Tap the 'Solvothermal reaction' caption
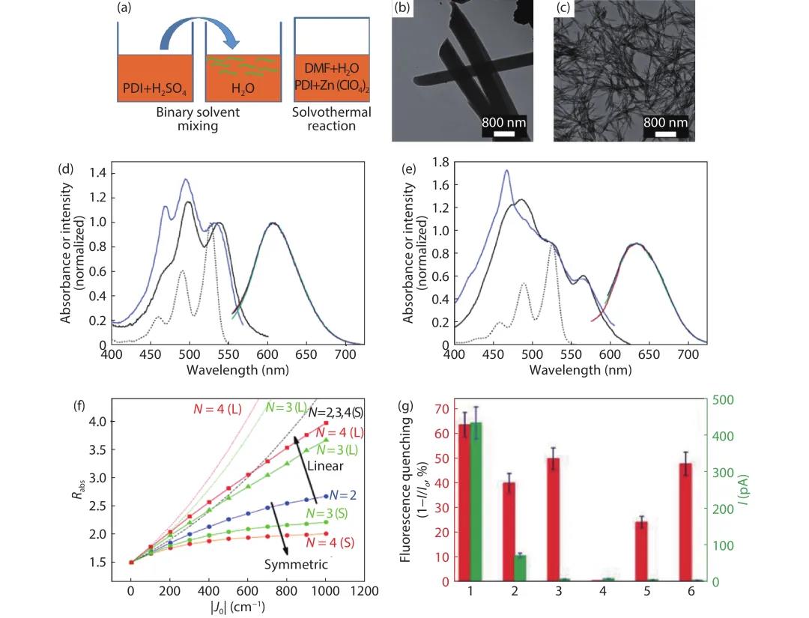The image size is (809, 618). click(333, 118)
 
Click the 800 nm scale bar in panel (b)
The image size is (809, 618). click(504, 133)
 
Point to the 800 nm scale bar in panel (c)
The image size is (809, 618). click(666, 133)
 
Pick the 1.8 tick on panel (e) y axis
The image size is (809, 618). click(440, 162)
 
